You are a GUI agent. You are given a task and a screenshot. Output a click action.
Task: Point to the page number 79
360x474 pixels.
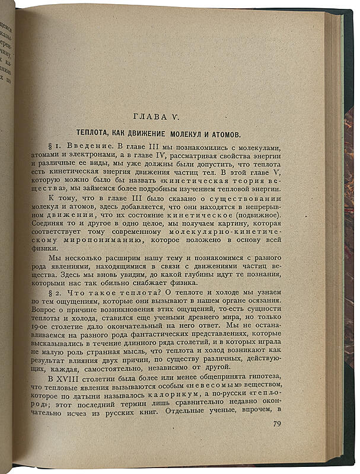pyautogui.click(x=277, y=423)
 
